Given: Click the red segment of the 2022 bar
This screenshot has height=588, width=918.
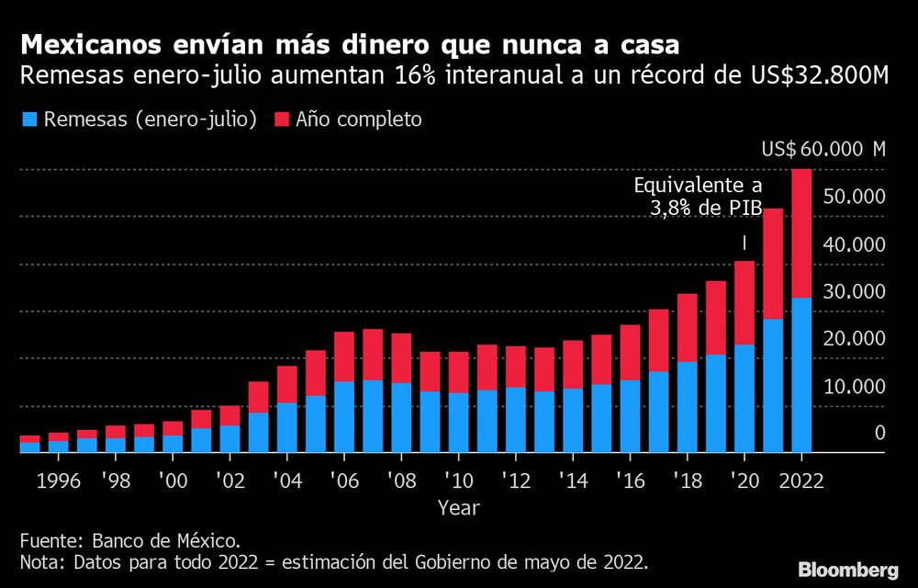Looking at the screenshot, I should coord(801,233).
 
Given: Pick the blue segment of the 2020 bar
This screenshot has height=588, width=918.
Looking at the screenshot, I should coord(744,399).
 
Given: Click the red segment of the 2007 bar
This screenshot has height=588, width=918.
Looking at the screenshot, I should coord(373,355).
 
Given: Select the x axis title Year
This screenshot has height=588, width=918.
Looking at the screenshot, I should coord(457,506).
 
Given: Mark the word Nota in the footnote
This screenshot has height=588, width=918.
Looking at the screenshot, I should coord(40,561).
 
